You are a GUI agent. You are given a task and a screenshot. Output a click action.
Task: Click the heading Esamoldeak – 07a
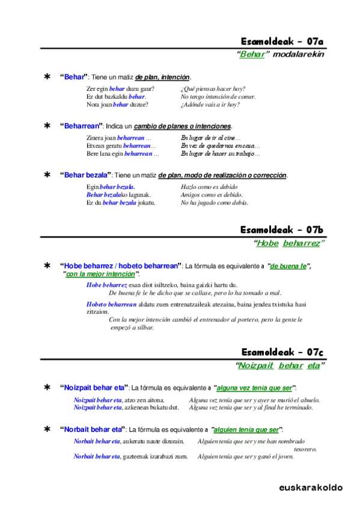282,41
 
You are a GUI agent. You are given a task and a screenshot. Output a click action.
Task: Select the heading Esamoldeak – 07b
282,230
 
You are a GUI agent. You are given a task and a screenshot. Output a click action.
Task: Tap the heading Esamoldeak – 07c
282,352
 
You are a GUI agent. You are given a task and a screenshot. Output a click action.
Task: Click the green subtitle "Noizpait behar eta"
279,365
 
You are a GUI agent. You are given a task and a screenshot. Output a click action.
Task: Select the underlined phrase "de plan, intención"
163,78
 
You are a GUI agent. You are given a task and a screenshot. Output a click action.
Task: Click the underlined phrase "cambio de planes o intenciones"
182,126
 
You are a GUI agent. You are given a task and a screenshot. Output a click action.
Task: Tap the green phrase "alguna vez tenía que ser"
255,388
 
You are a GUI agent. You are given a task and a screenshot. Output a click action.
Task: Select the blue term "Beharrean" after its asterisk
81,126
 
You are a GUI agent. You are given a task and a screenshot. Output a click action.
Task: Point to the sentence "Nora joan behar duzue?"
117,104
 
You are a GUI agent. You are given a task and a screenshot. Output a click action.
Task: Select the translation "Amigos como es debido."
212,195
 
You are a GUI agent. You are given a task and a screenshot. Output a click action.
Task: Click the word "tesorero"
305,449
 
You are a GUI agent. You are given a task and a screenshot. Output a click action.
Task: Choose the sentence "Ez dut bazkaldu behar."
116,97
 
